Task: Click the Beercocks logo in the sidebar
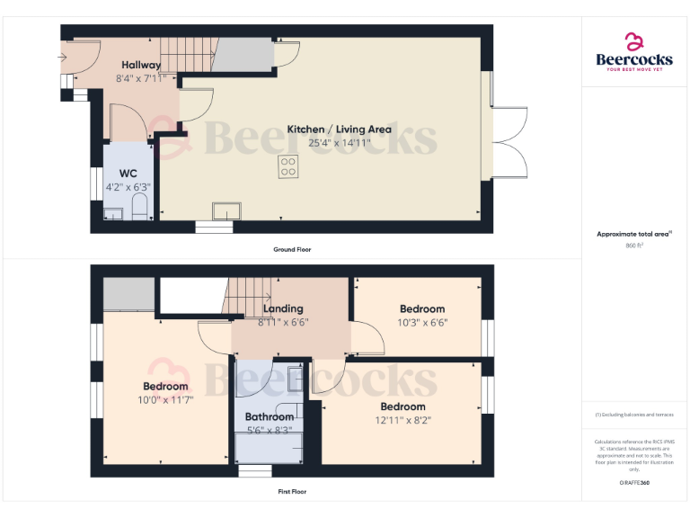tap(634, 52)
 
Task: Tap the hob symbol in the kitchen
tap(288, 166)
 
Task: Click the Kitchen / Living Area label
tap(339, 129)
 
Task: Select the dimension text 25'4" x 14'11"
tap(339, 142)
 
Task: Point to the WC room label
tap(128, 173)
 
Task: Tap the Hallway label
tap(141, 65)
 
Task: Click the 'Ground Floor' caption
tap(292, 249)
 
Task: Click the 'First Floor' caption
tap(292, 492)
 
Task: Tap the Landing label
tap(283, 308)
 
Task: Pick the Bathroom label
tap(270, 417)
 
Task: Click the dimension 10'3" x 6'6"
tap(422, 322)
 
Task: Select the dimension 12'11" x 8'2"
tap(402, 420)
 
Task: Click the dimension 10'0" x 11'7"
tap(164, 399)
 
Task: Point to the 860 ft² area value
tap(633, 245)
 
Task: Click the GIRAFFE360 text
tap(633, 483)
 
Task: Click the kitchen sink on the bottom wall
tap(226, 212)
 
